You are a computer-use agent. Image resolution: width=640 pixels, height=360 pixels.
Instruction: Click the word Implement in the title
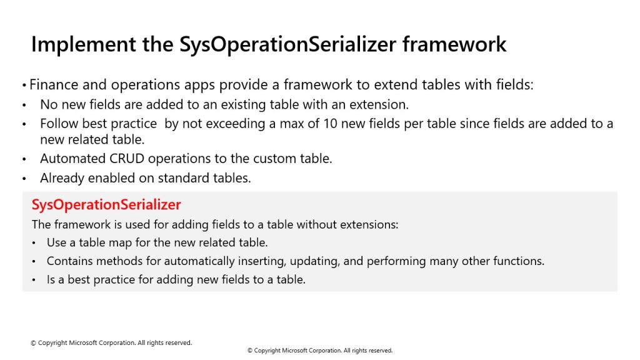tap(84, 45)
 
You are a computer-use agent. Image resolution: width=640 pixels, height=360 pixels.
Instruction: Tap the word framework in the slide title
tap(454, 44)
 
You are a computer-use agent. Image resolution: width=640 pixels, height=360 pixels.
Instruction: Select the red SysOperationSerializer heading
tap(106, 205)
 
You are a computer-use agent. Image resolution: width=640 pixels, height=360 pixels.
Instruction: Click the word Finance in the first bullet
tap(54, 84)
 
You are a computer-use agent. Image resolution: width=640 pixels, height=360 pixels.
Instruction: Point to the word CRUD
tap(126, 158)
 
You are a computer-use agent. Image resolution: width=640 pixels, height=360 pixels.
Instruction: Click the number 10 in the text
tap(330, 124)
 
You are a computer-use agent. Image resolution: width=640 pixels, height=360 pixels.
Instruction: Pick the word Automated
tap(72, 158)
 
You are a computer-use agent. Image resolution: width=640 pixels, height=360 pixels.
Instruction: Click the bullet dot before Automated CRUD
tap(24, 159)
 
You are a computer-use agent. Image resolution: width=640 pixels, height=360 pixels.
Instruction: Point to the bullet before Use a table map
tap(34, 243)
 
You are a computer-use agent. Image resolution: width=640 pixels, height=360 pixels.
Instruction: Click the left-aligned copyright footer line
tap(111, 343)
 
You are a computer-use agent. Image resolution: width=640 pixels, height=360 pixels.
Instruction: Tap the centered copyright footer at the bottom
tap(320, 351)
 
